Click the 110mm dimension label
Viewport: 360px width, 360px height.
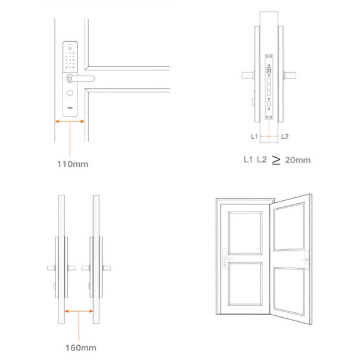tap(73, 164)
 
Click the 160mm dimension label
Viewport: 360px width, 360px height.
tap(81, 348)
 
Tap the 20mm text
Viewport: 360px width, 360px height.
tap(298, 160)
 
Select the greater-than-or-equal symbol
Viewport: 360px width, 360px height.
tap(276, 160)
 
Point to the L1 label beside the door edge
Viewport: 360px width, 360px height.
tap(255, 136)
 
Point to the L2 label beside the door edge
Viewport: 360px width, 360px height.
tap(285, 136)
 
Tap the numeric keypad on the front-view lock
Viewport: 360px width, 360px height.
tap(70, 60)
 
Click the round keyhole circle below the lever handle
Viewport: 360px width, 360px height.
tap(70, 93)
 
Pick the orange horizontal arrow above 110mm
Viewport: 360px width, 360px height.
tap(70, 122)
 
